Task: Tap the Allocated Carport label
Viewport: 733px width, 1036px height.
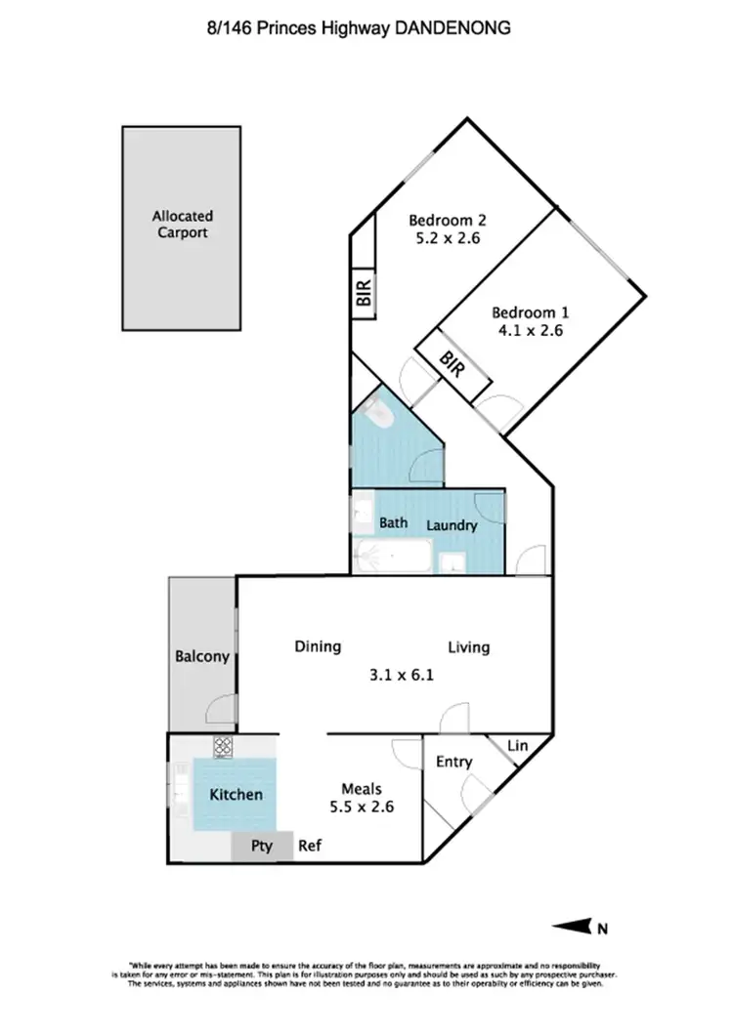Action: coord(182,225)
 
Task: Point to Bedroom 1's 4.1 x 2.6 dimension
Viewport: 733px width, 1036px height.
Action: coord(529,330)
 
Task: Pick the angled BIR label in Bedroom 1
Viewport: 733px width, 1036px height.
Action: coord(453,367)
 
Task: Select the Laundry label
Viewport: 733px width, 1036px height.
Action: coord(452,525)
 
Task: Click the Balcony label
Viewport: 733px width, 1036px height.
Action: coord(202,656)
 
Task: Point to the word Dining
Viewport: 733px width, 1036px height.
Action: coord(318,646)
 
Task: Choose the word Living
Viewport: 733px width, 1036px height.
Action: coord(469,646)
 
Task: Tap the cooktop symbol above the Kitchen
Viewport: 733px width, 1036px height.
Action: coord(222,746)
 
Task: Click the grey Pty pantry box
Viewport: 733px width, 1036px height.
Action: coord(262,847)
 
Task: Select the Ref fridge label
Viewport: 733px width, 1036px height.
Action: coord(310,847)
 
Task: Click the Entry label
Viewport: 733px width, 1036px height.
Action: coord(453,762)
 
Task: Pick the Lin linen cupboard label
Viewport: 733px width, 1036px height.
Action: coord(518,746)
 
